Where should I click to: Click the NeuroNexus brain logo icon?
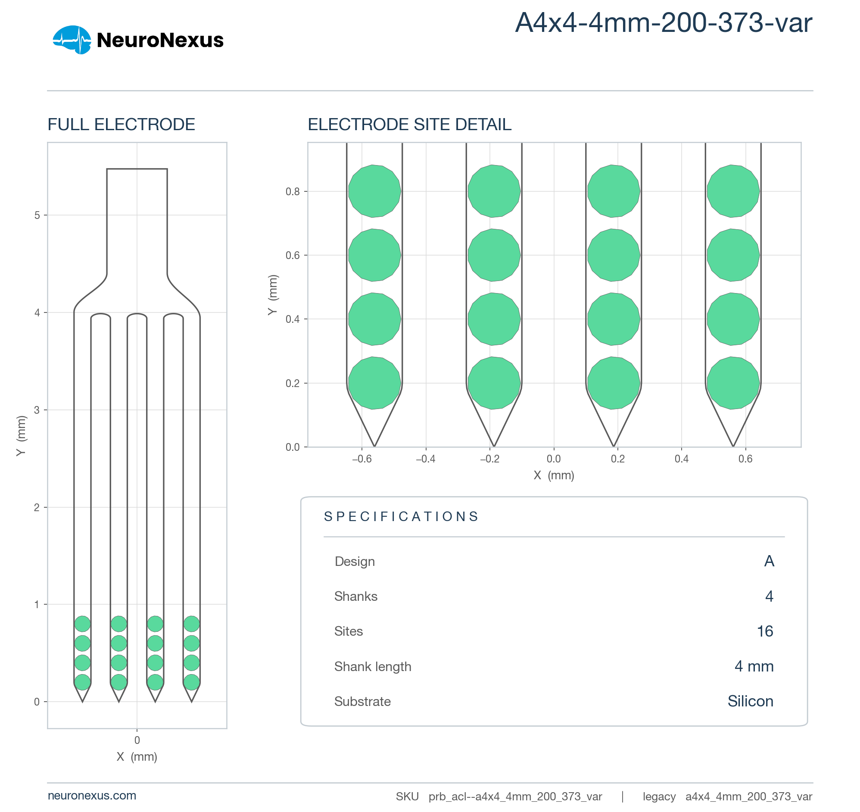[72, 40]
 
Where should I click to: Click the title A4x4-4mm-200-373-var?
[663, 22]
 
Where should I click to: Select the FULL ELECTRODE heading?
[121, 125]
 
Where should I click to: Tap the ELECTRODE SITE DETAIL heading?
[409, 125]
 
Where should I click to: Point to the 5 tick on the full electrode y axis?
[37, 215]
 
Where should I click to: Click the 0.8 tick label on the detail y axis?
[293, 191]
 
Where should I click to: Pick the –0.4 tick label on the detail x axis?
[425, 459]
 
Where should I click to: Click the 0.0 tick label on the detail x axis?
[554, 459]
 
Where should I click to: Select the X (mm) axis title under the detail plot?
[554, 475]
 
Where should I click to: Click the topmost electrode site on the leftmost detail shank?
[374, 191]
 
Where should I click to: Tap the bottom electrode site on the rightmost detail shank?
[733, 383]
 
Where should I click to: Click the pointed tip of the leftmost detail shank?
[374, 446]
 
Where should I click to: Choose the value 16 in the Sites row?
[765, 631]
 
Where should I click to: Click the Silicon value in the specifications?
[750, 701]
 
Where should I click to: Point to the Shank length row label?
[372, 667]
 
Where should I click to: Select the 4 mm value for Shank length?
[754, 667]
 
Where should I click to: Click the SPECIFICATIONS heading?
[402, 516]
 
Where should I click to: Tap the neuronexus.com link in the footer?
[92, 796]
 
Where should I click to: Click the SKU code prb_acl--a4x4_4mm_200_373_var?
[515, 796]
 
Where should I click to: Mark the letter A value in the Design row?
[769, 561]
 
